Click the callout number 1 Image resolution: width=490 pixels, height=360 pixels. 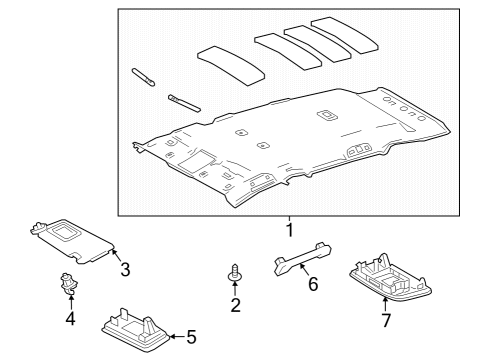coord(290,229)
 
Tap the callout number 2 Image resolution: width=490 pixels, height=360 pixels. coord(236,305)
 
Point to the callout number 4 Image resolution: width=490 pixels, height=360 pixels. coord(70,320)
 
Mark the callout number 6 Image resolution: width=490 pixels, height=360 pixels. coord(313,285)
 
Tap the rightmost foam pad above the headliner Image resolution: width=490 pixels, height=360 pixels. coord(346,34)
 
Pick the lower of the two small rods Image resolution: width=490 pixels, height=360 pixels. coord(185,102)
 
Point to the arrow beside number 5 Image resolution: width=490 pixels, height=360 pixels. coord(176,337)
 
